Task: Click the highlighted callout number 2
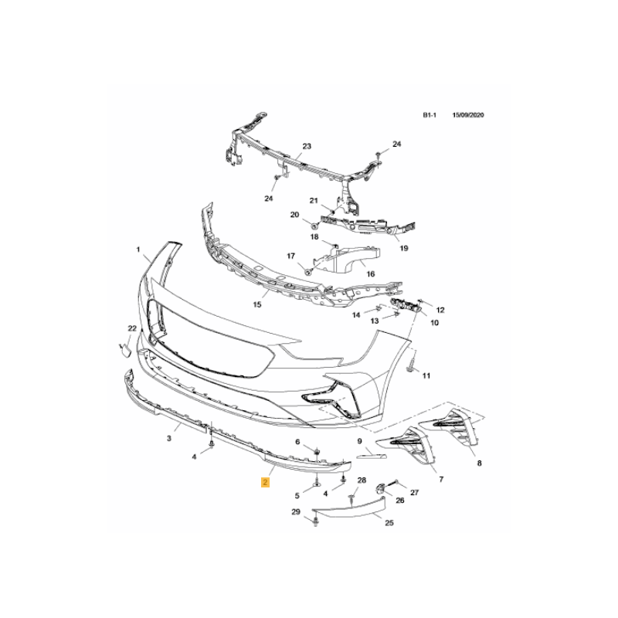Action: pyautogui.click(x=265, y=482)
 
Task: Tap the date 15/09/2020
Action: pyautogui.click(x=468, y=115)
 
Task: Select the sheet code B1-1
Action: pyautogui.click(x=430, y=115)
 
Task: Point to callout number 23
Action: pyautogui.click(x=307, y=146)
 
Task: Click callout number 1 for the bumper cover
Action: pyautogui.click(x=138, y=250)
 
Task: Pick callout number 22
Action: pyautogui.click(x=132, y=328)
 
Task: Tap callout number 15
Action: pyautogui.click(x=257, y=304)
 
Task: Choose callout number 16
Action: pyautogui.click(x=371, y=274)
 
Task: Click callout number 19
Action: pyautogui.click(x=404, y=248)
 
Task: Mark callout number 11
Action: pyautogui.click(x=426, y=376)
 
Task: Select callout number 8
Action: pyautogui.click(x=479, y=463)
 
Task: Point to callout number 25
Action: pyautogui.click(x=389, y=523)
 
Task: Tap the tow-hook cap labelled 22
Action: pyautogui.click(x=125, y=350)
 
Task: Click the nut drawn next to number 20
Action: pyautogui.click(x=314, y=226)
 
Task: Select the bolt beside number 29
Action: pyautogui.click(x=315, y=523)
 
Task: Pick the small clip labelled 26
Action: pyautogui.click(x=380, y=489)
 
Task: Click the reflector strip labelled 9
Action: pyautogui.click(x=372, y=456)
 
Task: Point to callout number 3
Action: pyautogui.click(x=169, y=438)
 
